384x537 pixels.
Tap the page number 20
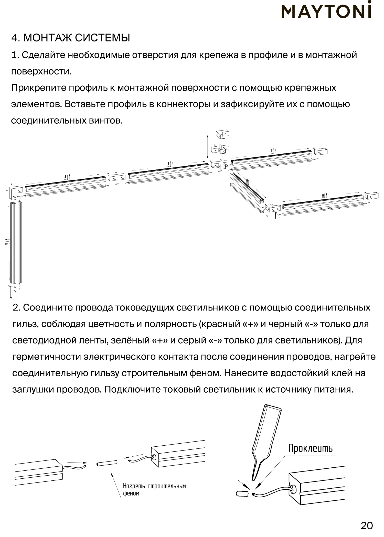click(367, 525)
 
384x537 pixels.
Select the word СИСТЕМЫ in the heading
click(102, 38)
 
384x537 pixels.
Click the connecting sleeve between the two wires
click(107, 463)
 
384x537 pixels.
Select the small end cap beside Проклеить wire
click(242, 493)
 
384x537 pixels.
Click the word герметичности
click(47, 357)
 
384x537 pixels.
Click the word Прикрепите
click(39, 88)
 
